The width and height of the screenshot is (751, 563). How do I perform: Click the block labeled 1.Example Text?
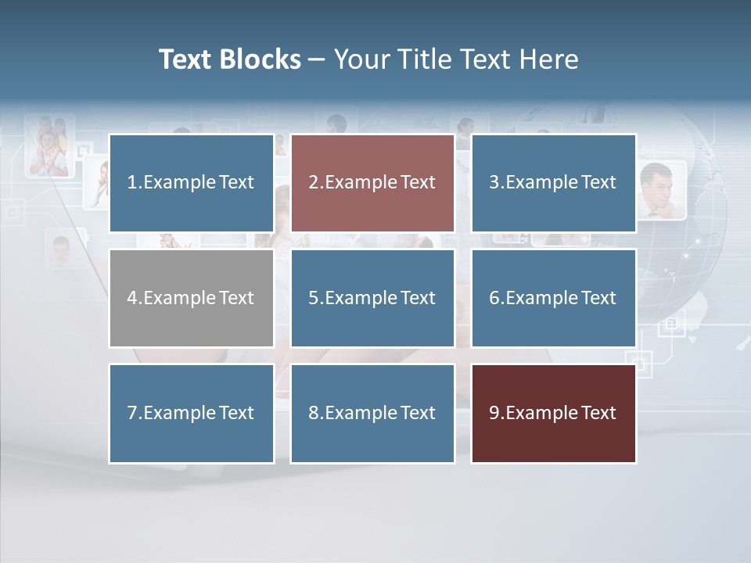tap(191, 183)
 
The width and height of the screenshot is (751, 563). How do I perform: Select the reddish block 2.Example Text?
tap(372, 183)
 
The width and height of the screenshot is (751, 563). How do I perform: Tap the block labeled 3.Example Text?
tap(553, 183)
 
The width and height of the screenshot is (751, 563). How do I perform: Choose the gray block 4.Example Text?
tap(191, 298)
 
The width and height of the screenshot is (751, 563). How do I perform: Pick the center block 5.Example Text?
tap(372, 298)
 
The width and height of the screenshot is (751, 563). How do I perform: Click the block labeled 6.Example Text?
tap(553, 298)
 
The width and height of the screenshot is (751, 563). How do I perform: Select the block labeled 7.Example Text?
tap(191, 413)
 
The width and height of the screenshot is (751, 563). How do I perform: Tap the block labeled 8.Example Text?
tap(372, 413)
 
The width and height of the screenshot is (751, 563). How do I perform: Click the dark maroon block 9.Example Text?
tap(553, 413)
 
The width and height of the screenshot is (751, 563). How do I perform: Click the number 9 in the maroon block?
tap(494, 413)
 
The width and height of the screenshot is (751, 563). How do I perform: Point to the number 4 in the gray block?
tap(132, 298)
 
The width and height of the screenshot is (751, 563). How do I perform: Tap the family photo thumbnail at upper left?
tap(49, 145)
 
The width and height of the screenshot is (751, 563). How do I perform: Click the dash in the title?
tap(317, 59)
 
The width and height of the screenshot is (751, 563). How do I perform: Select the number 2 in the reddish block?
tap(313, 183)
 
